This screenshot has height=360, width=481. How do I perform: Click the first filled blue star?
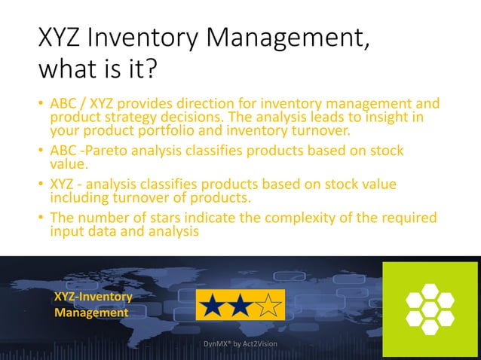point(213,306)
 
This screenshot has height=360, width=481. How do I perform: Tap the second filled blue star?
point(240,306)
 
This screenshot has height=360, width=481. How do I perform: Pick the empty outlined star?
point(268,306)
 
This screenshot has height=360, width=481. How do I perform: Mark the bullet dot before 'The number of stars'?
point(41,219)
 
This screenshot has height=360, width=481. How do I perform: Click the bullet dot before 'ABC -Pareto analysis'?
point(41,151)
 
